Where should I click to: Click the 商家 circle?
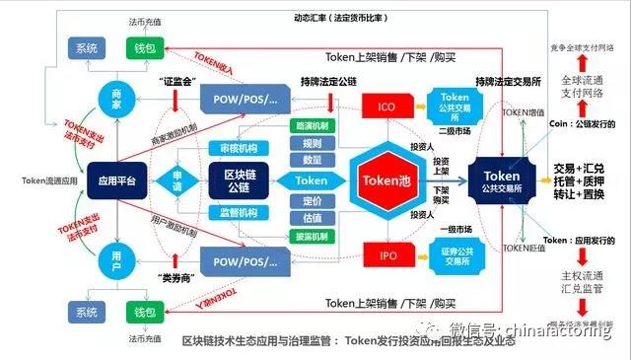tap(115, 98)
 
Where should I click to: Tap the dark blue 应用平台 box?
tap(115, 180)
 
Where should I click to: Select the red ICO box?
tap(386, 105)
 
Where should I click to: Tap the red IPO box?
tap(386, 255)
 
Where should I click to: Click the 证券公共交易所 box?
tap(453, 255)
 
